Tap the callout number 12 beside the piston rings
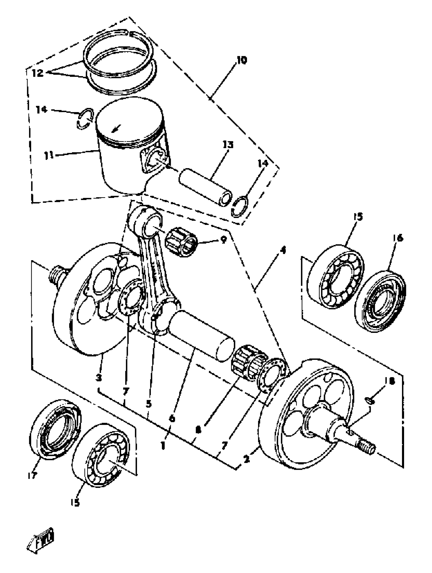coord(38,73)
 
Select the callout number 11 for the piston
coord(49,156)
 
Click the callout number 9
coord(223,240)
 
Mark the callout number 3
coord(98,378)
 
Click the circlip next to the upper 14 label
coord(85,118)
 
